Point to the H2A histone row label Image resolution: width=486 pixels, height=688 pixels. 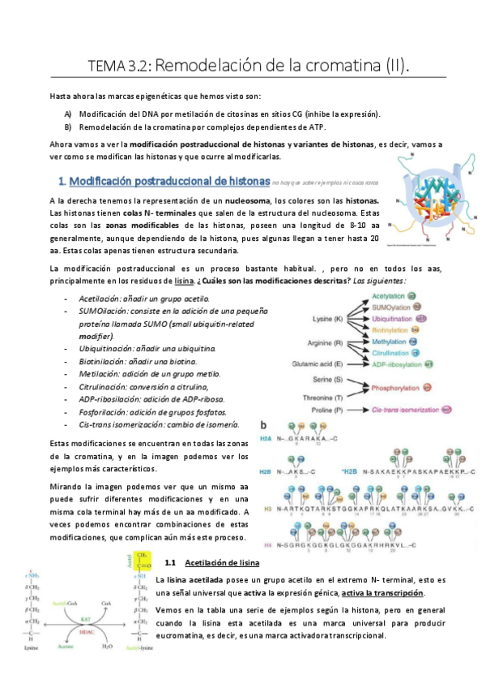tap(266, 438)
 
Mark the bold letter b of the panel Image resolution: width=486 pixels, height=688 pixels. tap(262, 425)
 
